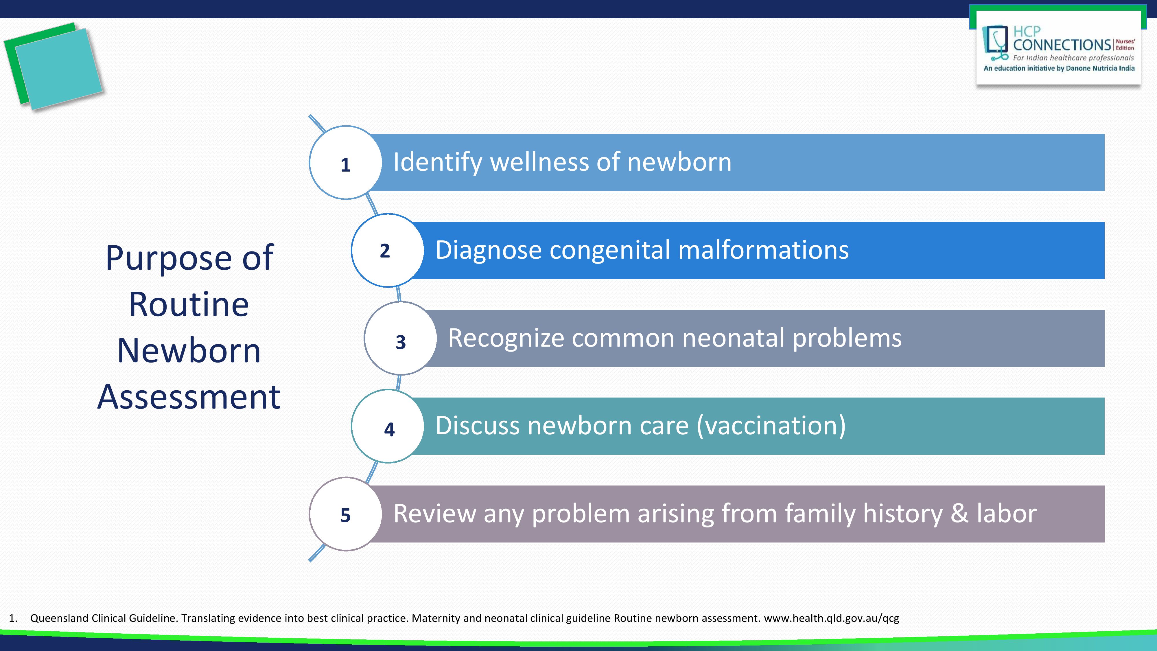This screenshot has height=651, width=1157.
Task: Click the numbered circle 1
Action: pyautogui.click(x=345, y=163)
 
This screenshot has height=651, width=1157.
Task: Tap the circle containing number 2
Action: pyautogui.click(x=388, y=250)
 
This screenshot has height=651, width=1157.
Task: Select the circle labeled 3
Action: pyautogui.click(x=400, y=338)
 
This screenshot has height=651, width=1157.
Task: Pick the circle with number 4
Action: pyautogui.click(x=388, y=426)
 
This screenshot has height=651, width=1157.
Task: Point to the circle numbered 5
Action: pyautogui.click(x=345, y=514)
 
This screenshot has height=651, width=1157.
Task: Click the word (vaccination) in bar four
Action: pyautogui.click(x=771, y=426)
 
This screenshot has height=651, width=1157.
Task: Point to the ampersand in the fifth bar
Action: pyautogui.click(x=959, y=514)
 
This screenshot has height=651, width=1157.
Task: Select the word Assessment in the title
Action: pyautogui.click(x=189, y=397)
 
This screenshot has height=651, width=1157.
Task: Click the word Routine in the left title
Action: pyautogui.click(x=189, y=305)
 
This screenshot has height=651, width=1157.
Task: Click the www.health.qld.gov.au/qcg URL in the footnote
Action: pyautogui.click(x=831, y=619)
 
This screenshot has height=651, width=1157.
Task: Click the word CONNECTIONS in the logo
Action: pyautogui.click(x=1062, y=45)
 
